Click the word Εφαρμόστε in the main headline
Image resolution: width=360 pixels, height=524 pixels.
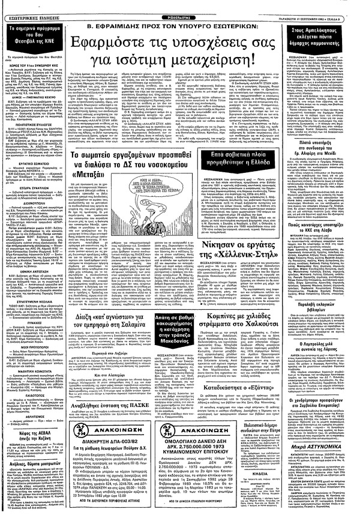pos(124,43)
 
